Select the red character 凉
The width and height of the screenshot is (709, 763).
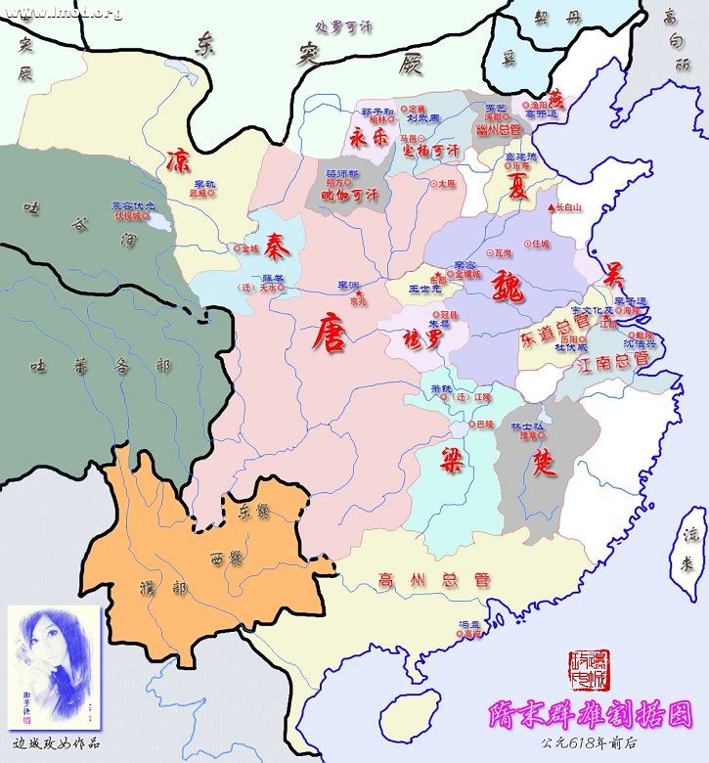[179, 159]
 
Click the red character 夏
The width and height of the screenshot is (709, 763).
[516, 187]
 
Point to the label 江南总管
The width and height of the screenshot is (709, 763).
[613, 361]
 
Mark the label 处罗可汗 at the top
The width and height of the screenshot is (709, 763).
[338, 26]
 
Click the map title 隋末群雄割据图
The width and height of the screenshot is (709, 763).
[590, 715]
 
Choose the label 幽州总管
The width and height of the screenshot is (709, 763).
[499, 128]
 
